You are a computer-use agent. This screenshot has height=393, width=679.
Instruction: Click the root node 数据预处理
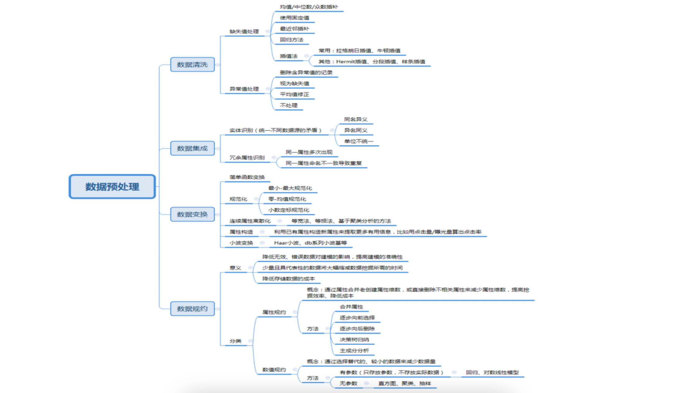(x=112, y=187)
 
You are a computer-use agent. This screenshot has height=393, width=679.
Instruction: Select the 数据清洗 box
(x=192, y=65)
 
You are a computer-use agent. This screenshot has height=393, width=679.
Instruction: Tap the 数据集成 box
(x=192, y=148)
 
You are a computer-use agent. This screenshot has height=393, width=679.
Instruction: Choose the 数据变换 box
(x=192, y=214)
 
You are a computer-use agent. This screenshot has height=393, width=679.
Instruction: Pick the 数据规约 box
(x=192, y=309)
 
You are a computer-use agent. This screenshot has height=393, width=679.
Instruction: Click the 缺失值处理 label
(x=244, y=31)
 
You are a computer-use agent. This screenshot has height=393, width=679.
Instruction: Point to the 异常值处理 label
(x=244, y=89)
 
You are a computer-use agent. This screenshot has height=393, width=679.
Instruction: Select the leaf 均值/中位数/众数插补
(x=309, y=7)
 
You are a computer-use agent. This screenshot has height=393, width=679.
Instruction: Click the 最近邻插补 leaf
(x=294, y=29)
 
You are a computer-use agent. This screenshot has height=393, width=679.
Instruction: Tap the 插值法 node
(x=289, y=56)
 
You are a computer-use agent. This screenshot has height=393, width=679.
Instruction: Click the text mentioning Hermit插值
(x=371, y=62)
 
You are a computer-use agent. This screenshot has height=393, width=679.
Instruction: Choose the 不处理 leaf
(x=289, y=105)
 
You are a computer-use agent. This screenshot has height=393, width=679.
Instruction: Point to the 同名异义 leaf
(x=356, y=119)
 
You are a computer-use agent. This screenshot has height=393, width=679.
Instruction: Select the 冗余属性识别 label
(x=247, y=158)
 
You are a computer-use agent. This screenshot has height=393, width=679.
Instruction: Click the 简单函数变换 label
(x=247, y=177)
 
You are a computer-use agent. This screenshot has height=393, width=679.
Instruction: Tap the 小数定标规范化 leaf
(x=289, y=210)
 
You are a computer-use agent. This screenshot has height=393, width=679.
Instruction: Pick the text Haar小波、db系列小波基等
(x=310, y=243)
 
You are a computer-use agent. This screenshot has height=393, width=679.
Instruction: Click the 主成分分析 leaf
(x=354, y=350)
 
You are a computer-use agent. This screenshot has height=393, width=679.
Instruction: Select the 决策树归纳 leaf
(x=354, y=340)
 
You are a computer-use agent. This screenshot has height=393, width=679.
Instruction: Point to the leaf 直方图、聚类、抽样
(x=404, y=383)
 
